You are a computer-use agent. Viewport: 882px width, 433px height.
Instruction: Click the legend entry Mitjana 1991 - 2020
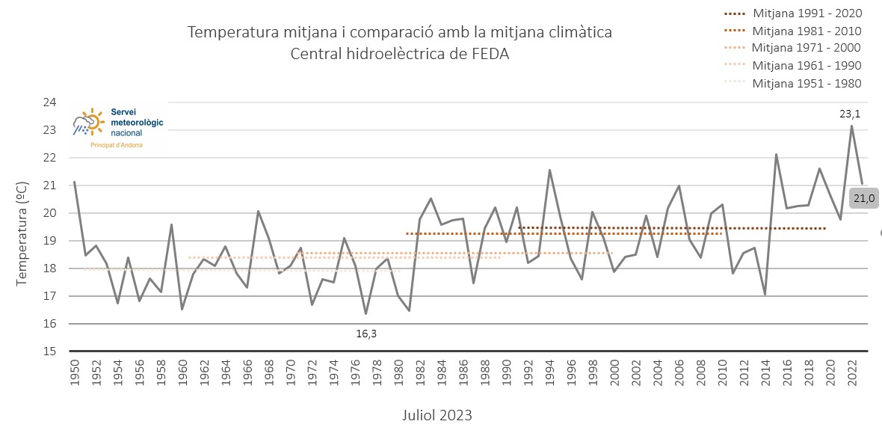(x=792, y=13)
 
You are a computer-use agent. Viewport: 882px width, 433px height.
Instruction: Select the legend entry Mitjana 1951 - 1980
(x=792, y=83)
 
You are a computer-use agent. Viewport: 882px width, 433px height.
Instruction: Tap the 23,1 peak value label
(x=851, y=114)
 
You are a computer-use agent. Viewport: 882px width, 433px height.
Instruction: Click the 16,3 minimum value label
(x=366, y=334)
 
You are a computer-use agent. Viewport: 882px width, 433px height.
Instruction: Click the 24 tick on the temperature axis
(x=50, y=102)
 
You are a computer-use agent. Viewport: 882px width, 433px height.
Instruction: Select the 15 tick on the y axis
(x=50, y=352)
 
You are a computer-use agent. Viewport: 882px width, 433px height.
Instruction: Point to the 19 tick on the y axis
(x=50, y=241)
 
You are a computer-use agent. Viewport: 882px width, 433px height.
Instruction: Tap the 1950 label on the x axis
(x=74, y=373)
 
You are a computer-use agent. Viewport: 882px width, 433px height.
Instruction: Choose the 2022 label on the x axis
(x=851, y=373)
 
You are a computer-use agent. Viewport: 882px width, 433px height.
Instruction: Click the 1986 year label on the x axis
(x=463, y=373)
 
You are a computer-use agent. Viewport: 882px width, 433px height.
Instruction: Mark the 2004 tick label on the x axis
(x=658, y=373)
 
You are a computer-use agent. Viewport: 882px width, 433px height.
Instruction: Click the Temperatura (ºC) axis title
(x=22, y=233)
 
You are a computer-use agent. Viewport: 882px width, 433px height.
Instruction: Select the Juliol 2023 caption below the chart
(x=437, y=416)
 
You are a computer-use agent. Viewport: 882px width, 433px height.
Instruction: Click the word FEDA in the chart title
(x=492, y=54)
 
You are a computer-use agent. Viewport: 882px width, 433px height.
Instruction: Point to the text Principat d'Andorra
(x=117, y=145)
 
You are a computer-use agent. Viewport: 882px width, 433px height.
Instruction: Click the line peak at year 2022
(x=851, y=126)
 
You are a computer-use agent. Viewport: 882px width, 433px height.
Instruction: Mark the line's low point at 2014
(x=765, y=295)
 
